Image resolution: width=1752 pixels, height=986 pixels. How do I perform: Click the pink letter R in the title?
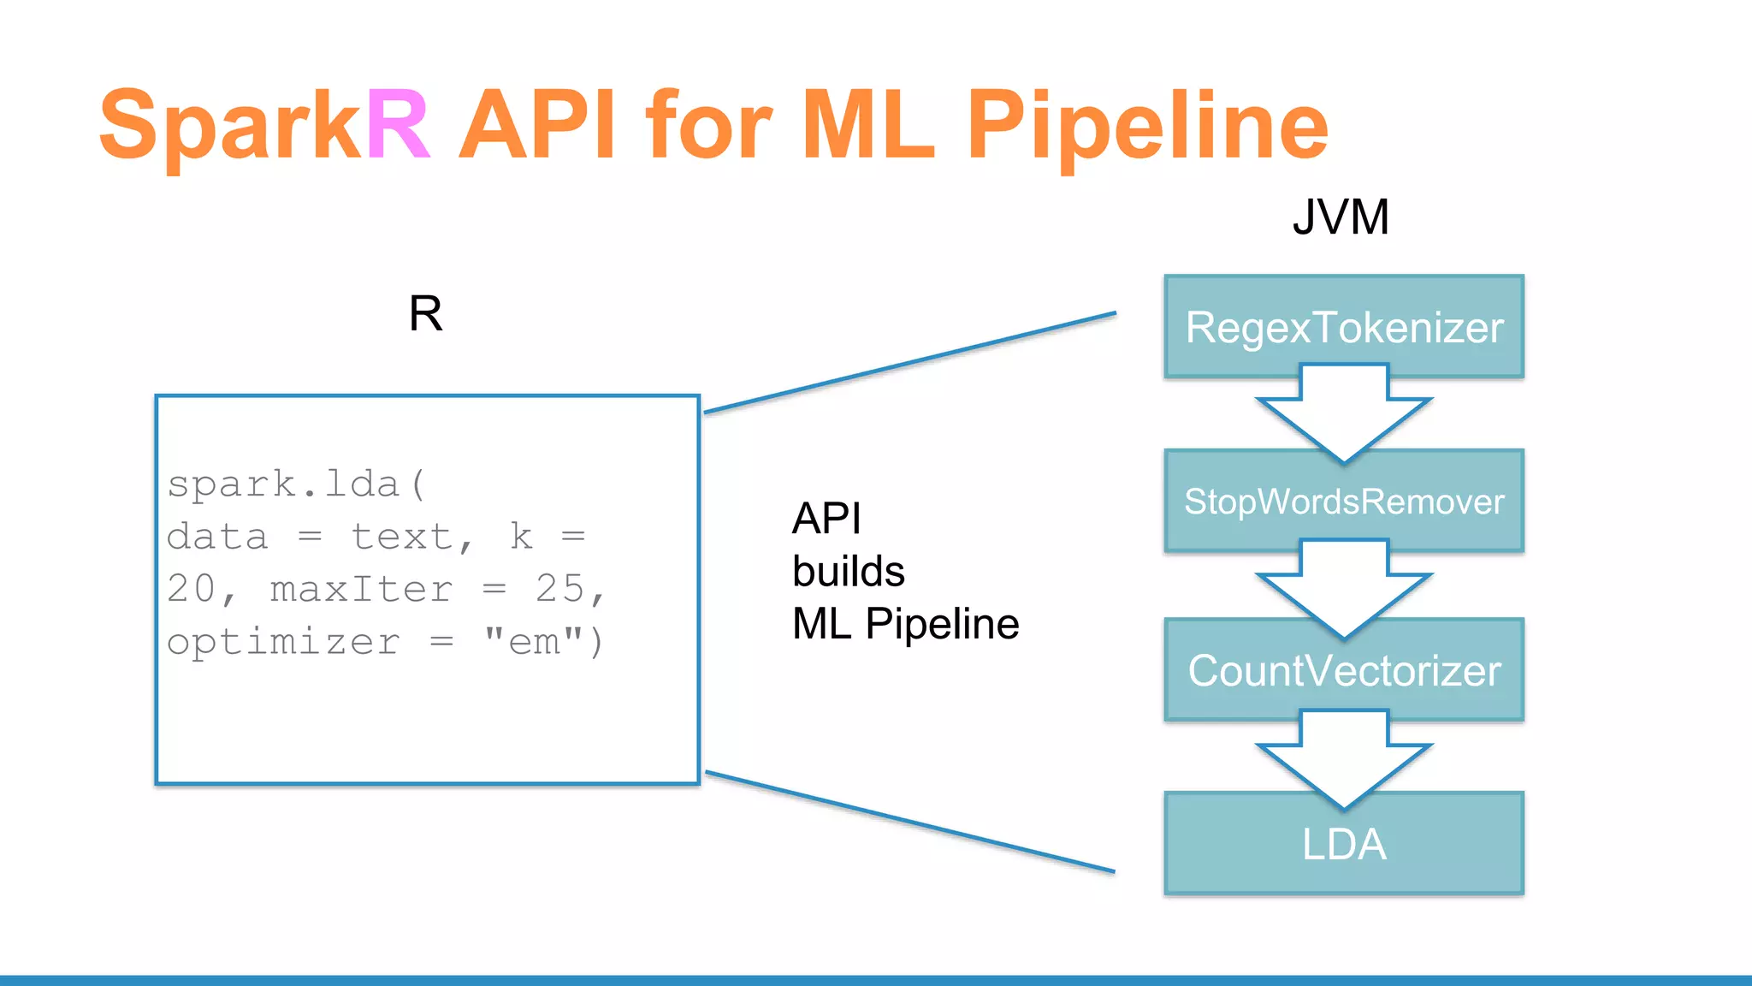click(399, 126)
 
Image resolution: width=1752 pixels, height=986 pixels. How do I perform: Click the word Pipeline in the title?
click(1146, 128)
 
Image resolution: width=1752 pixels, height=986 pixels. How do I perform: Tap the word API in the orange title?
click(536, 126)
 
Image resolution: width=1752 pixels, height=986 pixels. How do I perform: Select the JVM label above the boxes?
click(1341, 217)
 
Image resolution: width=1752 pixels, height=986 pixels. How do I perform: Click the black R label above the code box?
click(425, 313)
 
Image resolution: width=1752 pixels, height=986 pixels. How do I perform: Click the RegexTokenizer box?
click(1344, 328)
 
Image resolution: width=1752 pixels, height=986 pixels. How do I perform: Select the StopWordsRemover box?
click(1344, 502)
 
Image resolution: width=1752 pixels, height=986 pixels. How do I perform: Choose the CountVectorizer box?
click(1344, 671)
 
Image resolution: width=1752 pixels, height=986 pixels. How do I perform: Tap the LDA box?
click(1344, 845)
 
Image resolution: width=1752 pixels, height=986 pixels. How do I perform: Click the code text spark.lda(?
click(296, 484)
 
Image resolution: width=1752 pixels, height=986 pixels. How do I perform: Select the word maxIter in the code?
click(361, 590)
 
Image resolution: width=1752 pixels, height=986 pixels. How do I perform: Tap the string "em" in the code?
click(534, 642)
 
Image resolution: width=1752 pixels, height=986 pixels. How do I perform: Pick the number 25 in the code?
click(560, 589)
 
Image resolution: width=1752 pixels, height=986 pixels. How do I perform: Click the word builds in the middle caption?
click(848, 571)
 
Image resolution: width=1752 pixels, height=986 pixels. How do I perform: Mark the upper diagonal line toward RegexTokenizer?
click(909, 363)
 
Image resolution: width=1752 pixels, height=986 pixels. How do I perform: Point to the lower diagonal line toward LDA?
click(909, 823)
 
